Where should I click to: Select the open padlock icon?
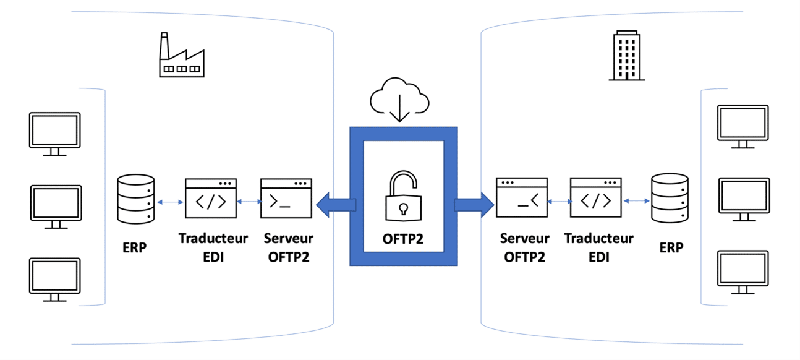click(x=403, y=196)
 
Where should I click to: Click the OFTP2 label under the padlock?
click(x=403, y=239)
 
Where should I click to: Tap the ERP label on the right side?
click(x=671, y=247)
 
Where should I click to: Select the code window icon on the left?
click(x=211, y=198)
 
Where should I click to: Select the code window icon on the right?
click(x=595, y=197)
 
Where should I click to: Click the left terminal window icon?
click(x=286, y=198)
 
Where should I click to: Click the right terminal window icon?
click(x=521, y=197)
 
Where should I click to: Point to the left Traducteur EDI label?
click(x=213, y=247)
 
